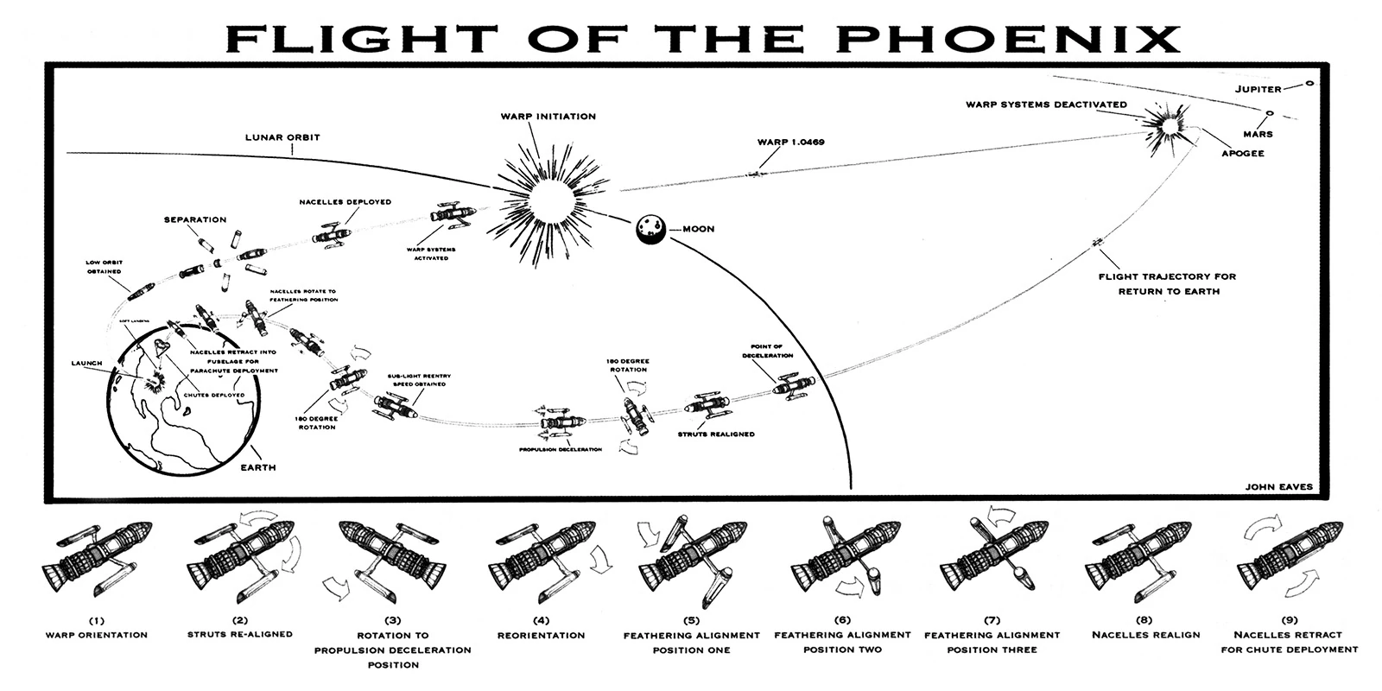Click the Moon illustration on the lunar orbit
tap(650, 230)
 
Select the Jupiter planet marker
tap(1309, 83)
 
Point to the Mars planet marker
tap(1270, 113)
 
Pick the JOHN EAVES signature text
tap(1278, 486)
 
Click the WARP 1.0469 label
tap(789, 140)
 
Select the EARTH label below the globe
tap(258, 467)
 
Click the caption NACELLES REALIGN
tap(1145, 635)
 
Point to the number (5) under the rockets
tap(691, 620)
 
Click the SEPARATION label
tap(195, 220)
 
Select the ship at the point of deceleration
tap(788, 384)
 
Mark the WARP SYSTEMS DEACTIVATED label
tap(1046, 105)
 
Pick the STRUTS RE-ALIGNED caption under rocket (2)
tap(240, 635)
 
